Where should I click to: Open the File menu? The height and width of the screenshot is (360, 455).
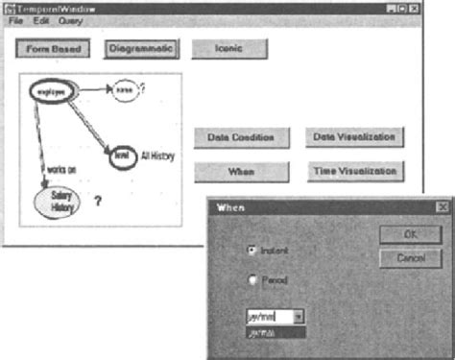[15, 20]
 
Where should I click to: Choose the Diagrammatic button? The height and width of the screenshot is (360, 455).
[140, 47]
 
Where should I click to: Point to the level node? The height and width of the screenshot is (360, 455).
[122, 154]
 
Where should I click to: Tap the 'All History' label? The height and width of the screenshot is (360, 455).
[160, 154]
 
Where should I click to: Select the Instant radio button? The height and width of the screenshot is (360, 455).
[251, 250]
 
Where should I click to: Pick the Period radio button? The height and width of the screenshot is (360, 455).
[251, 280]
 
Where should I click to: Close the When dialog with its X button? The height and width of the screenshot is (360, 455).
[442, 206]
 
